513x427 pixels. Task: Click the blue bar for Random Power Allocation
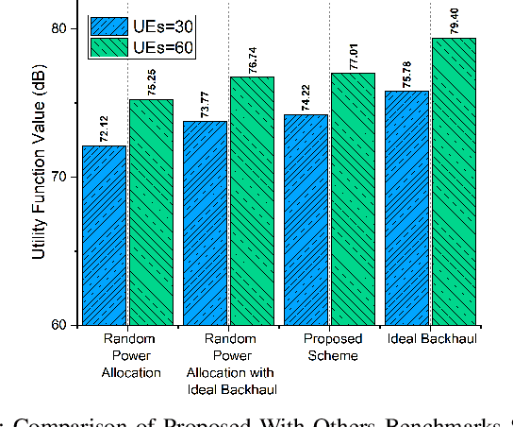(x=106, y=235)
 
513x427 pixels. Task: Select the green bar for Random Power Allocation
(x=150, y=212)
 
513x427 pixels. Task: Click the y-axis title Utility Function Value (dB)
(x=38, y=176)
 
